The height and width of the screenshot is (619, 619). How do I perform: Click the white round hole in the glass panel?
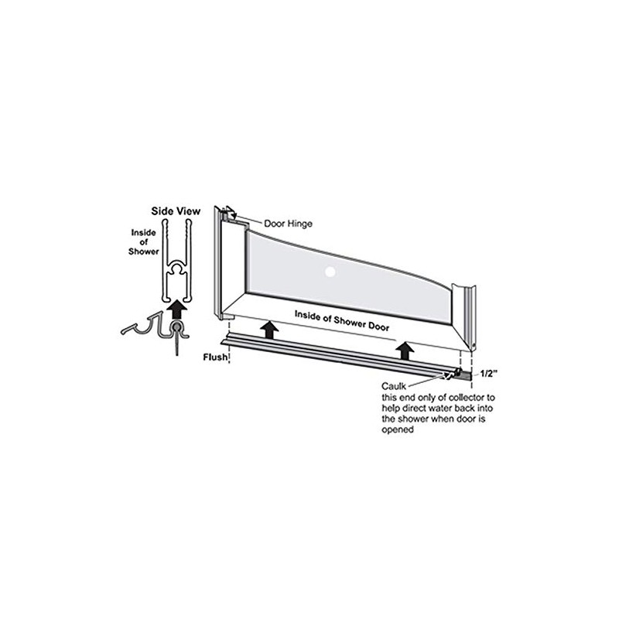coord(330,272)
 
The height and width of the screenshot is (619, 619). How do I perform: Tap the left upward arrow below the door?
coord(268,330)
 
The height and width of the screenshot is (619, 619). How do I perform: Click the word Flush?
coord(214,357)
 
